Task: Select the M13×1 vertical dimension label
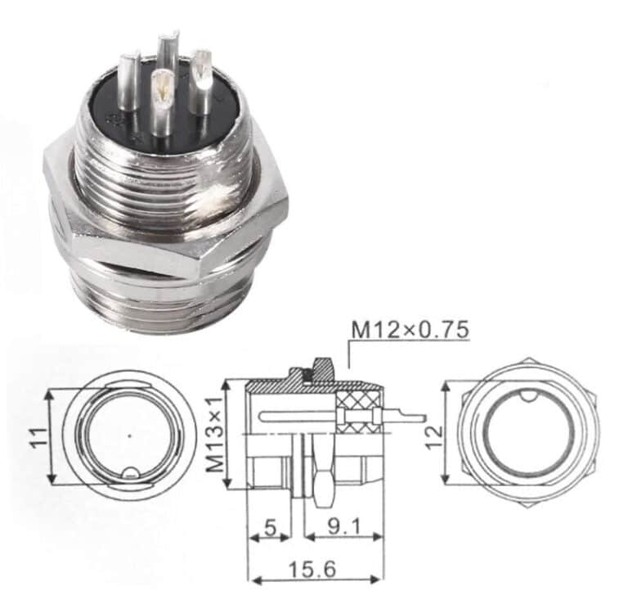(214, 434)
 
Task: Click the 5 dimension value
(269, 528)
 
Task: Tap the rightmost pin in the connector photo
(201, 79)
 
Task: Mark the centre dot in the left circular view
(130, 435)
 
